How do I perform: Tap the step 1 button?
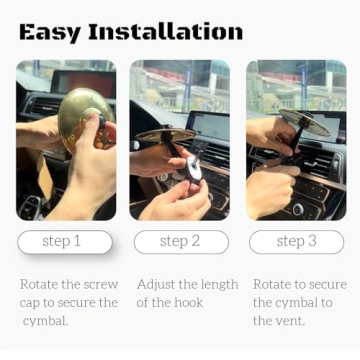pos(62,241)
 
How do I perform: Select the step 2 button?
pos(180,241)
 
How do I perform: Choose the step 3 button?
pos(296,241)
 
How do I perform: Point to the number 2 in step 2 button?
pos(196,241)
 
